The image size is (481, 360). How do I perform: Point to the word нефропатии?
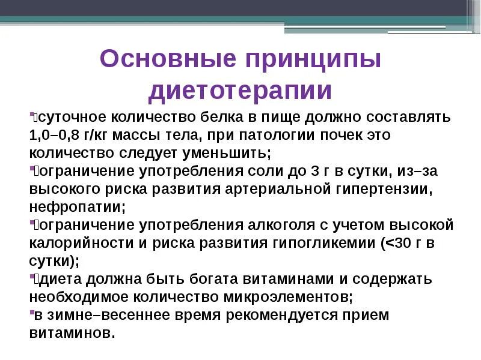point(77,207)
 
